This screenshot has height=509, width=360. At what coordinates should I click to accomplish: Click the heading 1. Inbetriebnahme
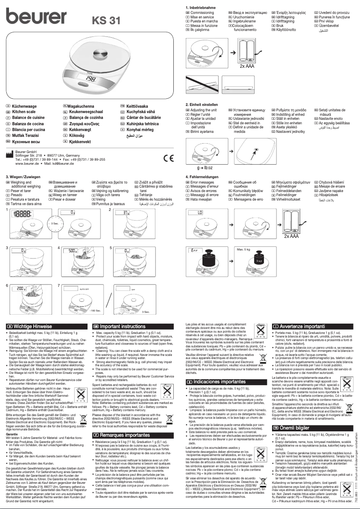coord(201,9)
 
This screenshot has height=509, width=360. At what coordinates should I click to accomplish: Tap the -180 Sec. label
coord(94,310)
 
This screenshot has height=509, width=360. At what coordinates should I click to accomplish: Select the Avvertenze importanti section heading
coord(302,326)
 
